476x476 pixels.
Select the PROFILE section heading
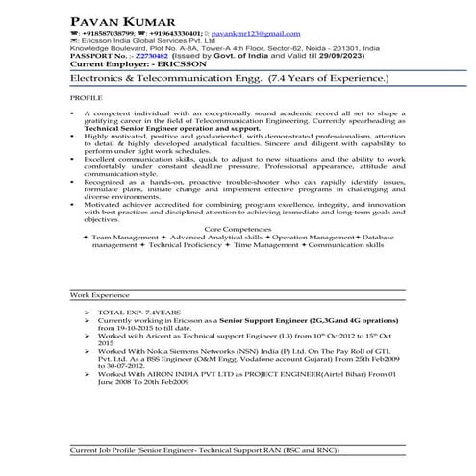[86, 98]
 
